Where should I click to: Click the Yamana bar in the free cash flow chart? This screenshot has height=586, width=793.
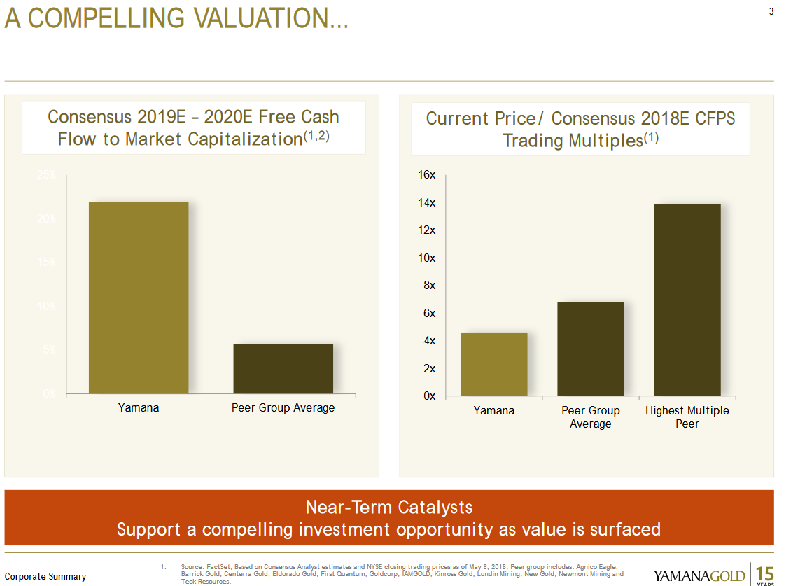click(139, 298)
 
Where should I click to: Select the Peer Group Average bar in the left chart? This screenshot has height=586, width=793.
click(283, 368)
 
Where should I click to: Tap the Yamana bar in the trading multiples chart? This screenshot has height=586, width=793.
click(494, 364)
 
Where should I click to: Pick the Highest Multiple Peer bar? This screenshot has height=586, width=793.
click(687, 300)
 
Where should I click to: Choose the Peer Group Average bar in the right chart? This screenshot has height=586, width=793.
click(590, 349)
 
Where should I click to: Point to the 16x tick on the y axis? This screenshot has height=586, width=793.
click(427, 175)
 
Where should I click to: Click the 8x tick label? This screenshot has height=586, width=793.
click(428, 286)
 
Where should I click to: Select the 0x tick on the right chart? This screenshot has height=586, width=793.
click(428, 396)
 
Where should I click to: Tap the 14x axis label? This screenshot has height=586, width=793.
click(427, 203)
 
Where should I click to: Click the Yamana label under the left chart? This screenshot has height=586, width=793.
click(139, 407)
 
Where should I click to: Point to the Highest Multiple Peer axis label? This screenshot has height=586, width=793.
click(687, 417)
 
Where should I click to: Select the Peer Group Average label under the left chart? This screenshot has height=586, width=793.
click(283, 407)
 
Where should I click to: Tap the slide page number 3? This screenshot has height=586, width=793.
click(771, 11)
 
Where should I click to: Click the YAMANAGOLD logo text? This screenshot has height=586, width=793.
click(699, 576)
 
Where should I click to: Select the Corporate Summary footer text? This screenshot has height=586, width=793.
click(45, 577)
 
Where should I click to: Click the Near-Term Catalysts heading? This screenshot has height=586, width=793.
click(389, 507)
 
